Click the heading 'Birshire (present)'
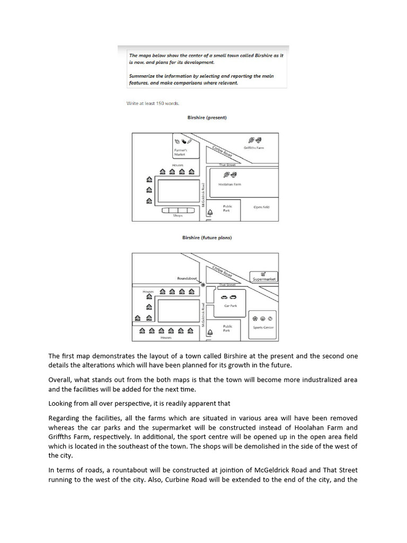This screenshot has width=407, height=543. (207, 117)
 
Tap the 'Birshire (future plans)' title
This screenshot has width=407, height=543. (207, 238)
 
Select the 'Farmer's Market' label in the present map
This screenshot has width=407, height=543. (181, 152)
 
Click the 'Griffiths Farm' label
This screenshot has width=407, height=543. (253, 148)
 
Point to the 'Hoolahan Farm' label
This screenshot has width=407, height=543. (229, 185)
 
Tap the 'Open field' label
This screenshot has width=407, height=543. (261, 207)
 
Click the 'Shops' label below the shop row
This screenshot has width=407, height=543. (178, 216)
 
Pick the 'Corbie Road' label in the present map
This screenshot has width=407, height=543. (222, 151)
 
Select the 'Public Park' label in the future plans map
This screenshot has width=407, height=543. (227, 328)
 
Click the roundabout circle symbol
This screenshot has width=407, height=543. (203, 285)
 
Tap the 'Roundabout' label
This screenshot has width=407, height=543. (187, 278)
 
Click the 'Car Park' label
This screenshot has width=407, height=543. (230, 306)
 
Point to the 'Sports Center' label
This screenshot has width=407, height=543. (263, 328)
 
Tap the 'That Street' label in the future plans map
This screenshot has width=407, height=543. (227, 285)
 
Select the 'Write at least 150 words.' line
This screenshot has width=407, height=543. (153, 103)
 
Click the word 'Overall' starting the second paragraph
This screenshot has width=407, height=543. (59, 380)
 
